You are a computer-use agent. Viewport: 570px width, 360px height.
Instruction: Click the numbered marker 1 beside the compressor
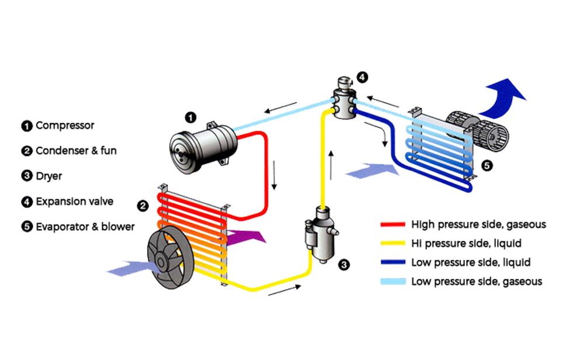point(190,117)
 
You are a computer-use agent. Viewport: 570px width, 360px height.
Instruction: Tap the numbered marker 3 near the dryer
point(345,265)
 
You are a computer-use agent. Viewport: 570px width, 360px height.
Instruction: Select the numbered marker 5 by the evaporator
point(488,165)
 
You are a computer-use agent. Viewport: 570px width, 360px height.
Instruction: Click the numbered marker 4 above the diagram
point(362,77)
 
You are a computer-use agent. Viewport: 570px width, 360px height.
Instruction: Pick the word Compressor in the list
point(65,125)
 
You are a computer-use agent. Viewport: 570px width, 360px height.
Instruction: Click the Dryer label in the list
point(48,176)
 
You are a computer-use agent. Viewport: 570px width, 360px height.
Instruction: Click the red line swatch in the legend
point(392,224)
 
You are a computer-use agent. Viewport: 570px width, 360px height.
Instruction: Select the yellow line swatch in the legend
point(392,243)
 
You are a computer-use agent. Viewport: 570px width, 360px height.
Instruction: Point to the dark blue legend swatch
point(392,262)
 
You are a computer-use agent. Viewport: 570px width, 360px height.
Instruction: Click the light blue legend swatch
point(392,282)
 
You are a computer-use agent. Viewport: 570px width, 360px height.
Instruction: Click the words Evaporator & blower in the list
point(85,227)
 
